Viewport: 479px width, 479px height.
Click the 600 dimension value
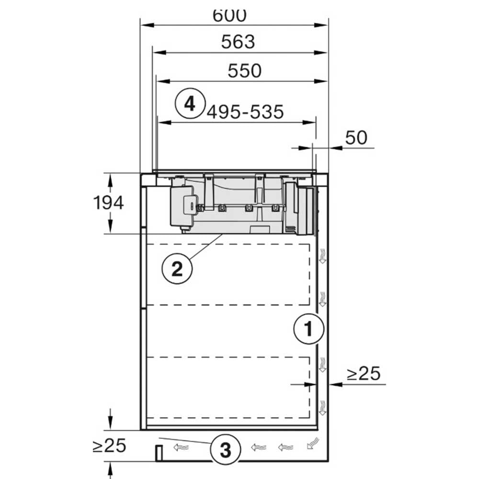[229, 16]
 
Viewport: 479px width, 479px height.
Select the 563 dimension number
[238, 42]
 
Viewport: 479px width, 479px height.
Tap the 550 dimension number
[244, 70]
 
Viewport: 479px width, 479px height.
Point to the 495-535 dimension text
[245, 112]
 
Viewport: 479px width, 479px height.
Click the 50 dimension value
[356, 137]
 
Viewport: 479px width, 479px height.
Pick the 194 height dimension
[108, 203]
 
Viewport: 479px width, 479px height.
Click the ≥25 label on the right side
[364, 373]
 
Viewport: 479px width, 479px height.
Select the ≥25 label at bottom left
[109, 445]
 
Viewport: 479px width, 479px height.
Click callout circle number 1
[308, 329]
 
